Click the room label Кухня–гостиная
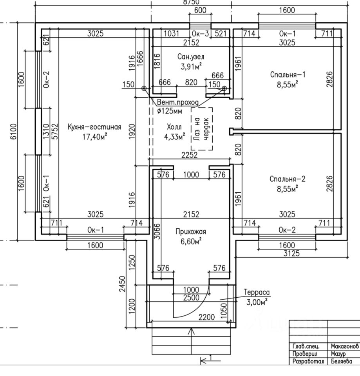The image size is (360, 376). [94, 127]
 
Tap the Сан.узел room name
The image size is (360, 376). [191, 57]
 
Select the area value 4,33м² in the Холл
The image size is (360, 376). [174, 136]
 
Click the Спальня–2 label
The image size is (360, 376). [287, 179]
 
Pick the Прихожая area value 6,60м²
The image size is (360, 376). [191, 241]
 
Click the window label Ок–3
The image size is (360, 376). [200, 34]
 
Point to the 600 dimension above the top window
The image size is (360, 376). [200, 11]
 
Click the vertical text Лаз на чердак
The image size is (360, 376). [202, 129]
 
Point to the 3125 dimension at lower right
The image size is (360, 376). [291, 253]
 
